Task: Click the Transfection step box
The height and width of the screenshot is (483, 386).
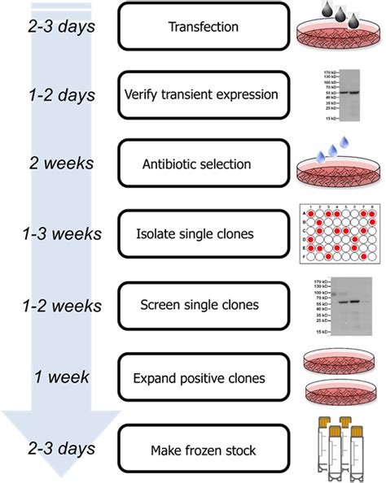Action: point(204,27)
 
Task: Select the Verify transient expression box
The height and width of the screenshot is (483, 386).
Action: point(204,94)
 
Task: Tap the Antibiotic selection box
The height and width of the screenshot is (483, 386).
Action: point(204,164)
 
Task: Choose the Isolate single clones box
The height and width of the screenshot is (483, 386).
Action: point(204,233)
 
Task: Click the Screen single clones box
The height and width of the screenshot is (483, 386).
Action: point(204,305)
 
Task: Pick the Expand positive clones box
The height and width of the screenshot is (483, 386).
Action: point(204,377)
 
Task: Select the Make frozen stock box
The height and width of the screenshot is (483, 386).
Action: point(204,450)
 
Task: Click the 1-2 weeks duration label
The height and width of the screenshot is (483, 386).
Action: point(62,306)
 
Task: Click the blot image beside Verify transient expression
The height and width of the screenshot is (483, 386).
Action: point(341,95)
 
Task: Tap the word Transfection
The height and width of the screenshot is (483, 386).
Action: point(204,27)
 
